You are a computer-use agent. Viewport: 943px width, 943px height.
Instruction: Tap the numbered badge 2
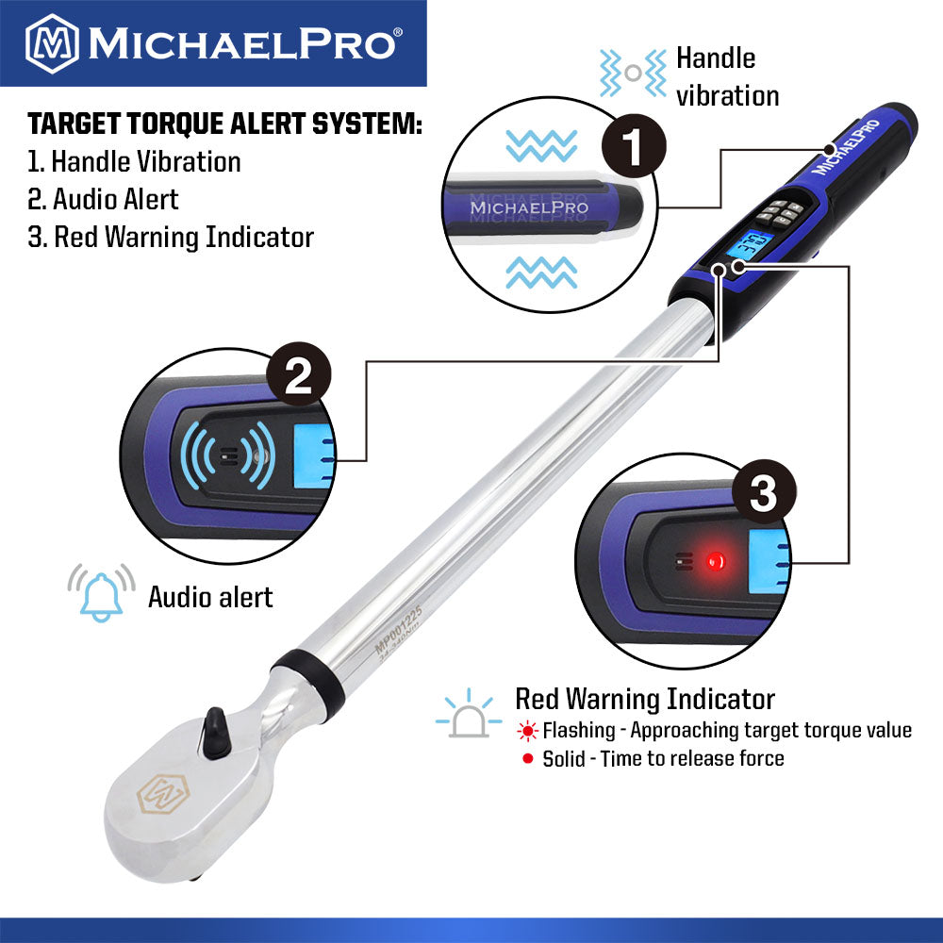tap(298, 378)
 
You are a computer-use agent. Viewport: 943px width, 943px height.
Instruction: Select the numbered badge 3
tap(762, 494)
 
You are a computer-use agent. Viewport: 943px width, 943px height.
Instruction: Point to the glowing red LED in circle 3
tap(714, 561)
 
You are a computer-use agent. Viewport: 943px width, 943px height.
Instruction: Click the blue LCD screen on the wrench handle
tap(754, 248)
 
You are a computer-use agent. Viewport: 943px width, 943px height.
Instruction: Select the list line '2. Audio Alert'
tap(103, 199)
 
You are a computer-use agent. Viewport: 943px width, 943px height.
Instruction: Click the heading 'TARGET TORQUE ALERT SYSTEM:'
tap(224, 124)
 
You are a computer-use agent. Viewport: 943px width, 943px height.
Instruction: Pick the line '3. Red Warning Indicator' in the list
tap(171, 237)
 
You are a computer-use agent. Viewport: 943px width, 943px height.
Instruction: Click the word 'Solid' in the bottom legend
tap(564, 758)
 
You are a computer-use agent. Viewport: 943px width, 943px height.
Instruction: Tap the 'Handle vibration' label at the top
tap(726, 77)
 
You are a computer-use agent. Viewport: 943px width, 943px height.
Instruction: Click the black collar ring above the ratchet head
tap(308, 671)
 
